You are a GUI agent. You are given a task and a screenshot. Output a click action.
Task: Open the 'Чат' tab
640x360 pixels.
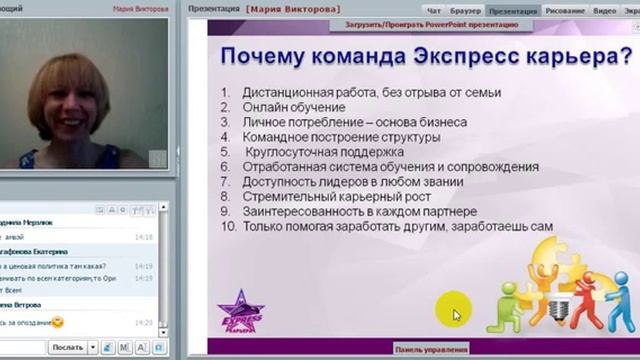coord(435,10)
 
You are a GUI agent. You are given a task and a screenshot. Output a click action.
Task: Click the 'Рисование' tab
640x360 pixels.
coord(566,10)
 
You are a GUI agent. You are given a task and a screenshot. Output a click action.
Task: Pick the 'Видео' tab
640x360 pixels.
coord(604,10)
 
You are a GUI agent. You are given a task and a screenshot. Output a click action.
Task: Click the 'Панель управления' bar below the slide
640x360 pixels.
coord(431,349)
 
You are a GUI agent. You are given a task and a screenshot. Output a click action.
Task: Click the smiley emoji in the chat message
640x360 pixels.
coord(57,322)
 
